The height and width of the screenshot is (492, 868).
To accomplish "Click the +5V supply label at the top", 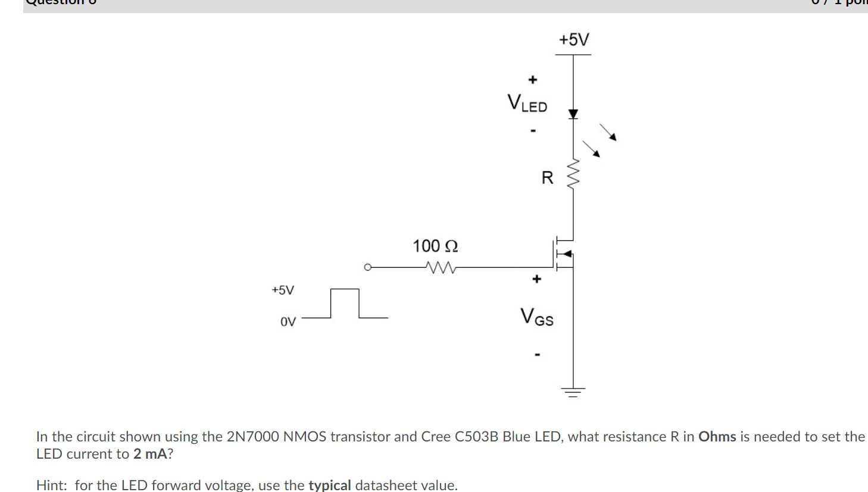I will point(574,40).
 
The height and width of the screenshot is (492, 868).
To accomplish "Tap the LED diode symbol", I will point(573,114).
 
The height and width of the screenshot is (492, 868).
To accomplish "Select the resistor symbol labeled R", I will point(573,174).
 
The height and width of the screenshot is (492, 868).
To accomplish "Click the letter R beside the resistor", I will point(547,178).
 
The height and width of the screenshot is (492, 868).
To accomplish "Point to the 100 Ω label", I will point(435,246).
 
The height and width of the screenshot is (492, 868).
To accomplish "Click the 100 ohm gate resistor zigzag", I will point(441,268).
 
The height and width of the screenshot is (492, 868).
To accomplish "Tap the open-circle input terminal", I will point(368,267).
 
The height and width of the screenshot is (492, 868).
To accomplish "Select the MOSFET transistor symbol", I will point(563,254).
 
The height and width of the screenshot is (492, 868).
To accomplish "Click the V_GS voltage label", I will point(536,316).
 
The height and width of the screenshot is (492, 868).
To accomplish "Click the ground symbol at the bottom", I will point(573,391).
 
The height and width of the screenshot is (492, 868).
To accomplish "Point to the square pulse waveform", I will point(345,303).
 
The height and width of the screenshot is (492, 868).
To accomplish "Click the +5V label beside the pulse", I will point(283,290).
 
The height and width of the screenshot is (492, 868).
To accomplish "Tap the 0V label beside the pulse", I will point(288,322).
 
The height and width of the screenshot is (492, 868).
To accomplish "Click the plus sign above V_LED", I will point(533,79).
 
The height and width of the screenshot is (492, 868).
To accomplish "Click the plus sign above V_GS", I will point(536,278).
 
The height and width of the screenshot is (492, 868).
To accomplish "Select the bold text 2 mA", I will point(150,454).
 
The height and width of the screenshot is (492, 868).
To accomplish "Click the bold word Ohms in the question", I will point(717,437).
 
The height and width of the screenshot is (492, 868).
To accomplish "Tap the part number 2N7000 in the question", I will point(252,437).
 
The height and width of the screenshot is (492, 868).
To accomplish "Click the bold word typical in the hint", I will point(329,485).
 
